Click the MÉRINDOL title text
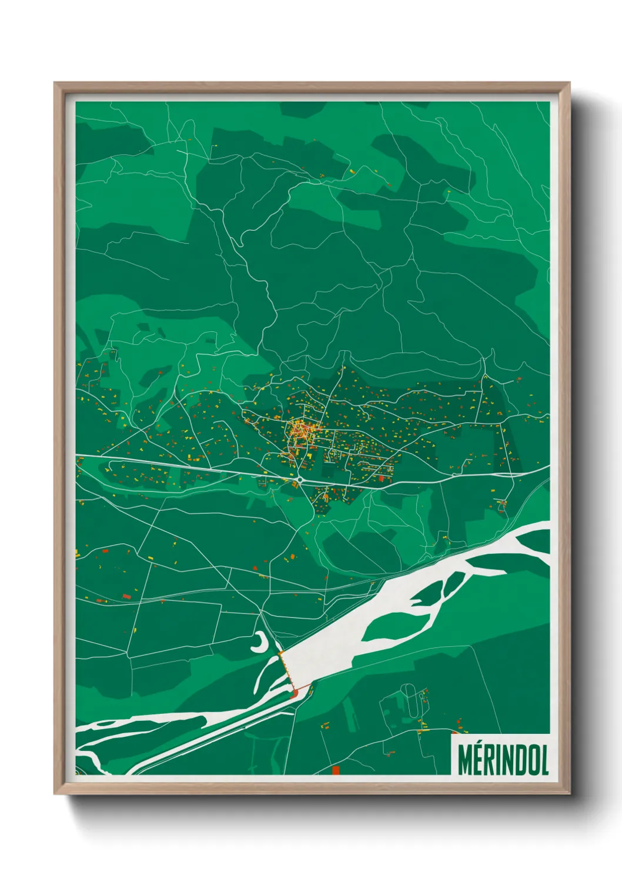(503, 759)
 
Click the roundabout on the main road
(300, 480)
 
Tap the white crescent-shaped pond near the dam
(259, 644)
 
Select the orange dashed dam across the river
(287, 671)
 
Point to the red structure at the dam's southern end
(294, 695)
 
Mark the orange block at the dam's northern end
(280, 653)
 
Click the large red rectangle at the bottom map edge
(336, 770)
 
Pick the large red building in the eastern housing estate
(381, 479)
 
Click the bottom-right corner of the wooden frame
(569, 793)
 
